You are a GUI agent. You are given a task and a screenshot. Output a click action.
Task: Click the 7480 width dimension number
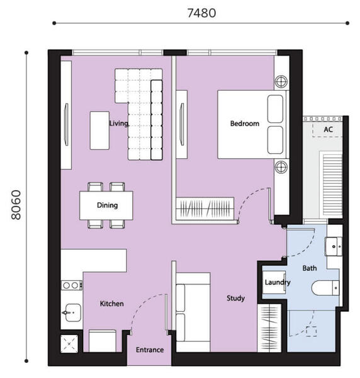(201, 13)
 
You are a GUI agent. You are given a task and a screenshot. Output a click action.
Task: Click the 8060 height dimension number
(16, 205)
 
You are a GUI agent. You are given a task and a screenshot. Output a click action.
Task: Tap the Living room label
(119, 123)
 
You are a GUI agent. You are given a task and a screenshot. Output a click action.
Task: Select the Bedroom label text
(245, 123)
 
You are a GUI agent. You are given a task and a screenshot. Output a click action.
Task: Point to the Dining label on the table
(107, 205)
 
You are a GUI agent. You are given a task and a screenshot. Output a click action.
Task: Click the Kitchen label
(112, 304)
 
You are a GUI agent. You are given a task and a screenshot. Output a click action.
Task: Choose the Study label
(235, 299)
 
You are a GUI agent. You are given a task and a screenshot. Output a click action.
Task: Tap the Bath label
(310, 268)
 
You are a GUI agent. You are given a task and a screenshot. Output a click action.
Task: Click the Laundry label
(278, 282)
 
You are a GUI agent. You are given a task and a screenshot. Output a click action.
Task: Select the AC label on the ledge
(328, 129)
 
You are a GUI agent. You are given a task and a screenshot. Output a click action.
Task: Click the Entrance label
(150, 350)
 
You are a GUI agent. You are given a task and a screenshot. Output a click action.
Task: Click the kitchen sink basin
(72, 312)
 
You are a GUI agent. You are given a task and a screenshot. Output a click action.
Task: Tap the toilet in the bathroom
(325, 288)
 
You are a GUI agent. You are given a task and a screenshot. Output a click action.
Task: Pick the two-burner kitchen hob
(72, 285)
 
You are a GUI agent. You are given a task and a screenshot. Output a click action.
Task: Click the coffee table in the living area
(99, 130)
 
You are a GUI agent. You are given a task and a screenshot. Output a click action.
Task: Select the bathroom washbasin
(334, 246)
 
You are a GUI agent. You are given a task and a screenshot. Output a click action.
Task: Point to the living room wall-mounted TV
(66, 124)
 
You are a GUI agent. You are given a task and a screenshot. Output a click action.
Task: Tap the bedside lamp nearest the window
(281, 81)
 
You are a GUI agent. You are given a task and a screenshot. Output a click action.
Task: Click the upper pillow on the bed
(275, 109)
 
